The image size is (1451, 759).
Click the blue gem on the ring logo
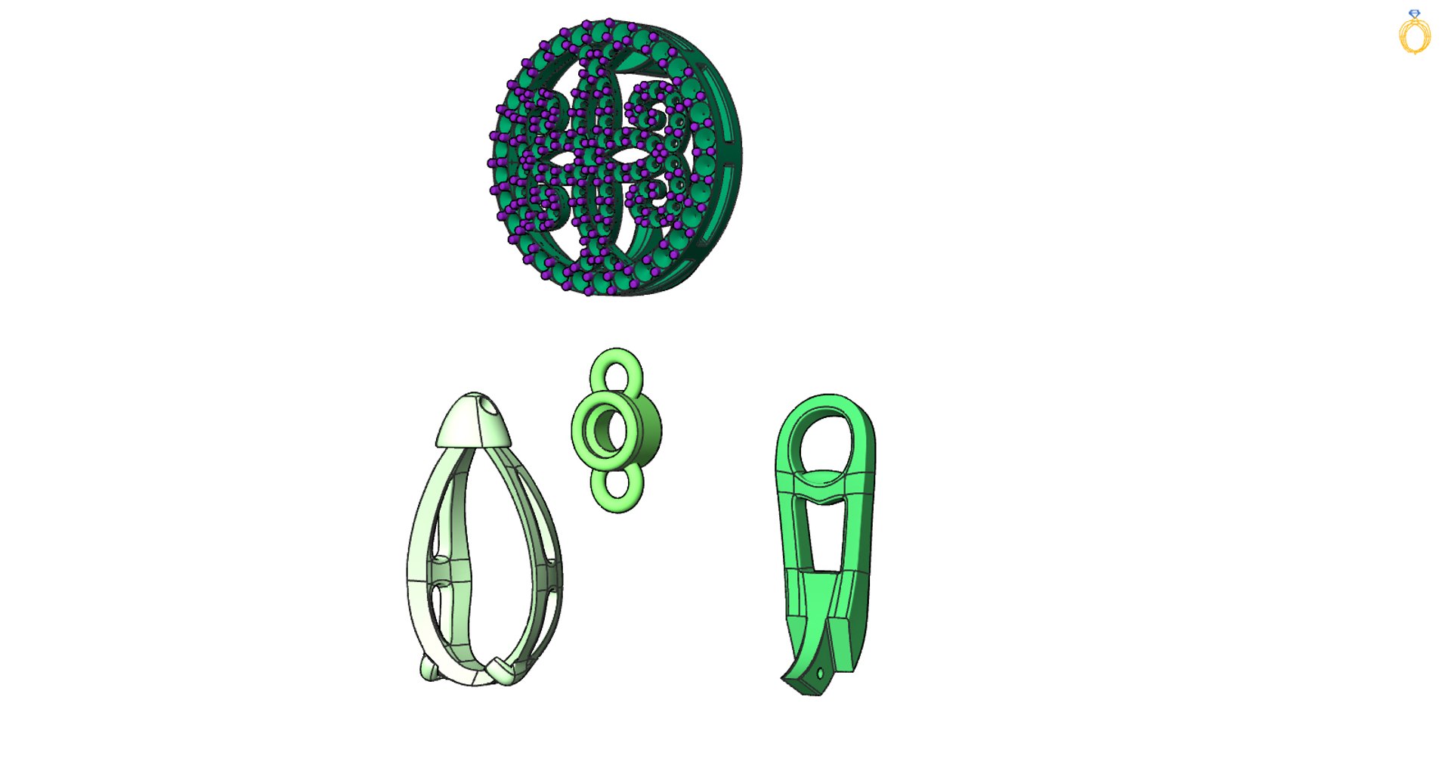1414,14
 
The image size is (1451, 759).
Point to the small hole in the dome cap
493,409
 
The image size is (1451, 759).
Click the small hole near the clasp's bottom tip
821,672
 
